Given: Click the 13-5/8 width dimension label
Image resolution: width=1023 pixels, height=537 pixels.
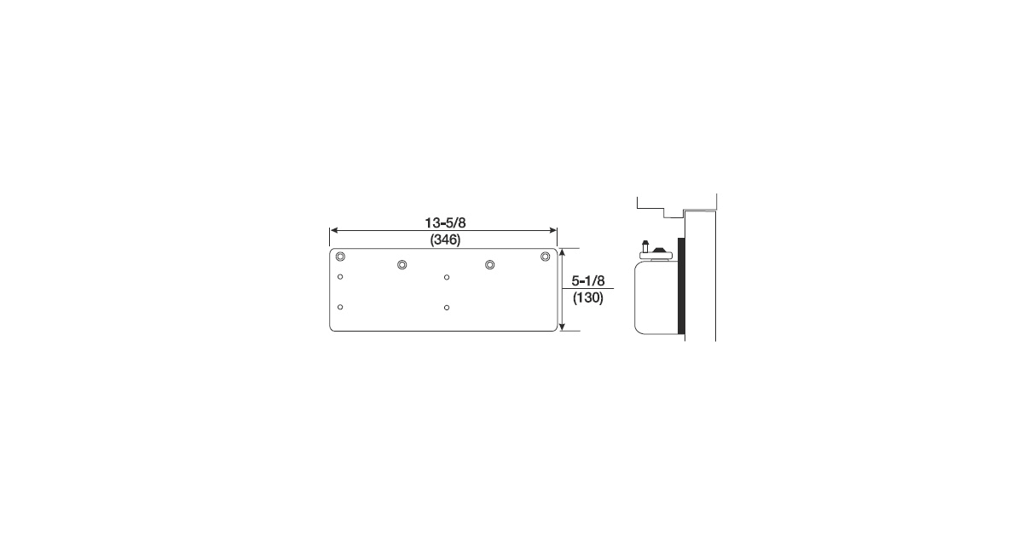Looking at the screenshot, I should [x=443, y=222].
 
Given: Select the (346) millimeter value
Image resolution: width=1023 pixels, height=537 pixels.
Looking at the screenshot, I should [x=443, y=240].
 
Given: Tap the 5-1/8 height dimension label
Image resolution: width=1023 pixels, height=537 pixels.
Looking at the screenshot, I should [x=588, y=280].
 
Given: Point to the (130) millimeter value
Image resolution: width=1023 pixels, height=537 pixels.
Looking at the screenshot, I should [x=588, y=298].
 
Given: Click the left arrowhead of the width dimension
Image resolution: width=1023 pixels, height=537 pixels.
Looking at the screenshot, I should [x=332, y=230].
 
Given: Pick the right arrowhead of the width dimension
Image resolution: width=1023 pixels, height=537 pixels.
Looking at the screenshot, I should [x=554, y=230].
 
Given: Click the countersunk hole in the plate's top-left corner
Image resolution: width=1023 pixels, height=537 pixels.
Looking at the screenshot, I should [x=340, y=257].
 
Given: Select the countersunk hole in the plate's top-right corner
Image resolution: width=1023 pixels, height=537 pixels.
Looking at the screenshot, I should [x=546, y=257].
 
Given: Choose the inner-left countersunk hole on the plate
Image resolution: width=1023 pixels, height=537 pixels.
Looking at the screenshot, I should [x=402, y=265].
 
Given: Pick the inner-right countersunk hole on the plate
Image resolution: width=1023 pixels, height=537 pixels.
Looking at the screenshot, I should [x=490, y=265].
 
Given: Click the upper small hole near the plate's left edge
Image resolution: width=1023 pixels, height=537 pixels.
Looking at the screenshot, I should [x=340, y=277].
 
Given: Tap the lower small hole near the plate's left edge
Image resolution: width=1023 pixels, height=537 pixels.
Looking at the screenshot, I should [x=340, y=307].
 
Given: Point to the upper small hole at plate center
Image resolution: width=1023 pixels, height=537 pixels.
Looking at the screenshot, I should [x=447, y=277].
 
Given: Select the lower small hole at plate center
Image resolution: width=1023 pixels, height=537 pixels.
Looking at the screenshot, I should [x=447, y=307].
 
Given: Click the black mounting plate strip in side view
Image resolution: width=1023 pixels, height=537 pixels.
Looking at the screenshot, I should [x=680, y=288].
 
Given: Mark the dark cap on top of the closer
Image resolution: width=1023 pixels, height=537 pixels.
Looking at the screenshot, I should [x=658, y=248].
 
